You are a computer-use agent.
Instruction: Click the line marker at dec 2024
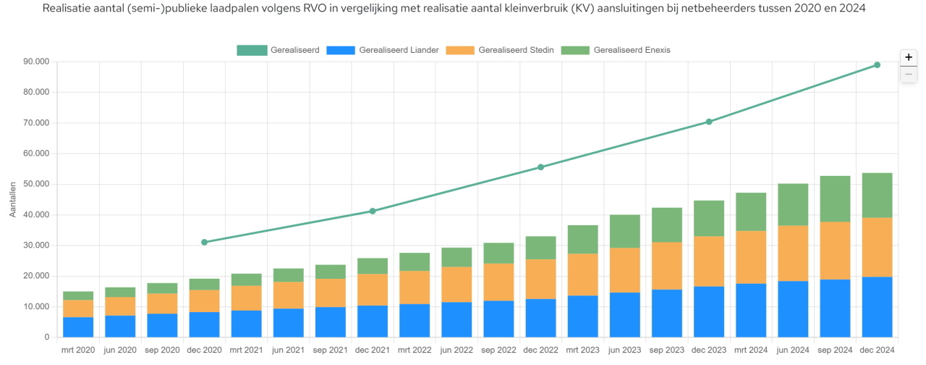[x=877, y=65]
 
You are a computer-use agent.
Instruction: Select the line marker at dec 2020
[x=205, y=242]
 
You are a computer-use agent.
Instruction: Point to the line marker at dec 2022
[x=540, y=167]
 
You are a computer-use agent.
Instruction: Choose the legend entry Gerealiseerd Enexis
[x=632, y=50]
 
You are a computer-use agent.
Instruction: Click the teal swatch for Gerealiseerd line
[x=251, y=50]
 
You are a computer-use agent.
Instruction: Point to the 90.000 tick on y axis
[x=36, y=62]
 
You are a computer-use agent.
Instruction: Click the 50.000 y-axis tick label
[x=36, y=184]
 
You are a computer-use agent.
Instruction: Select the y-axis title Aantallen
[x=12, y=199]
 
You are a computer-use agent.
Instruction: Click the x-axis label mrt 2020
[x=78, y=350]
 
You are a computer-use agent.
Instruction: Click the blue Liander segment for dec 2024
[x=877, y=307]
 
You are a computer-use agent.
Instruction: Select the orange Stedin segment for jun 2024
[x=793, y=253]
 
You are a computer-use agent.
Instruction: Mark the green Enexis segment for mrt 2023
[x=583, y=239]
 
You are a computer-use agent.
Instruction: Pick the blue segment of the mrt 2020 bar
[x=78, y=327]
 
